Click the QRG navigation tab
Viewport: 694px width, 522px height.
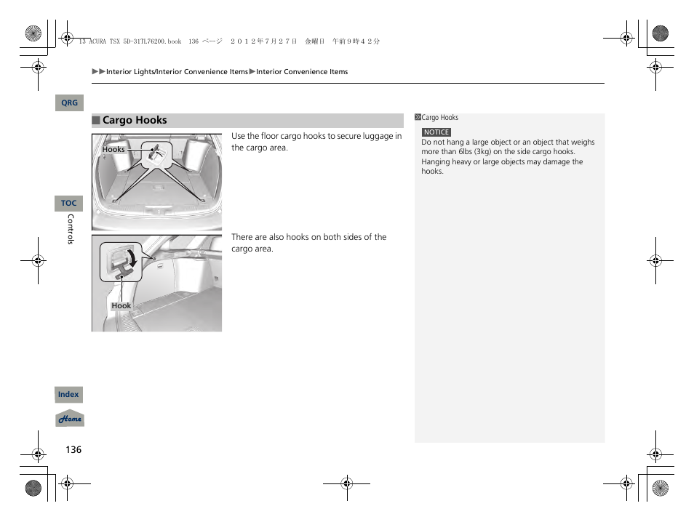point(69,103)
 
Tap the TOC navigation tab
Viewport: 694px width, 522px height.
point(68,204)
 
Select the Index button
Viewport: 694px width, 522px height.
point(68,395)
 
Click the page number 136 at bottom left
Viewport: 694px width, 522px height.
point(73,449)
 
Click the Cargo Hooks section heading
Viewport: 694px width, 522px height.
point(135,121)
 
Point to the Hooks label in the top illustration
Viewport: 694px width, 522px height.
point(113,150)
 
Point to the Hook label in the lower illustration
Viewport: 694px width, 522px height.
point(121,306)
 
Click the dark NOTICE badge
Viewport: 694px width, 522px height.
point(436,132)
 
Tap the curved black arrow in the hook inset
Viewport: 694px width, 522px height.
point(132,257)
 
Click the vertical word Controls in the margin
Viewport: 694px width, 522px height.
point(71,229)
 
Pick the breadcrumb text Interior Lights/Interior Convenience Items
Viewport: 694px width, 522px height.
point(177,72)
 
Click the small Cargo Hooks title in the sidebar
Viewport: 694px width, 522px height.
point(440,118)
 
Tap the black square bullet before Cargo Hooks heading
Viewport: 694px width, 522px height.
point(95,121)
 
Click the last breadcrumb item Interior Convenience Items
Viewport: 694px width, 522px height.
point(302,72)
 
